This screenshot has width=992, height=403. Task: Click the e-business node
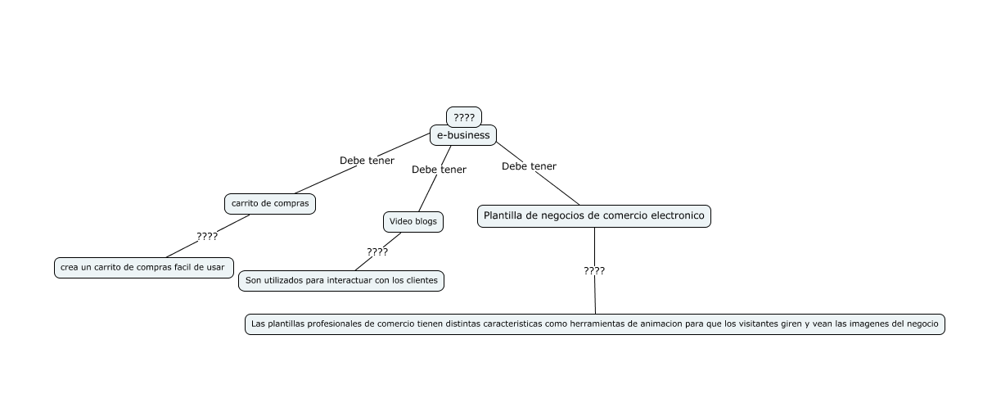coord(463,135)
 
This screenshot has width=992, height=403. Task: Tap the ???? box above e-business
coord(464,117)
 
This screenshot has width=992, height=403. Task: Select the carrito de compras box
coord(270,203)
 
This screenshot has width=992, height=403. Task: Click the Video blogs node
coord(413,221)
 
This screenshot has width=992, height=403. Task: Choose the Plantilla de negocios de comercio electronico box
coord(593,216)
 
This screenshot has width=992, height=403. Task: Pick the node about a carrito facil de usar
coord(142,267)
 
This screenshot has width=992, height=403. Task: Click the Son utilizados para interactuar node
coord(341,280)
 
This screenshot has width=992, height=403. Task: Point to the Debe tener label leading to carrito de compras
coord(367,161)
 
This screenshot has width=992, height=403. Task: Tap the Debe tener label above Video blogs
coord(439,170)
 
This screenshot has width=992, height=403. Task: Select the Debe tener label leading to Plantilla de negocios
coord(529,166)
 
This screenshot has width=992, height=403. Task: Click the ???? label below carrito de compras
coord(207,237)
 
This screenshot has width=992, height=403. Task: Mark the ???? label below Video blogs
coord(377,252)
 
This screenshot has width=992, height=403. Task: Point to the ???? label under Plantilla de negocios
coord(594,270)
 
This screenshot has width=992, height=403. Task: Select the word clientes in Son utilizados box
coord(422,280)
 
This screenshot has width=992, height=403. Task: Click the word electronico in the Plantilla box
coord(675,216)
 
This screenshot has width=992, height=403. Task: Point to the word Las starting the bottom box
coord(259,324)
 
